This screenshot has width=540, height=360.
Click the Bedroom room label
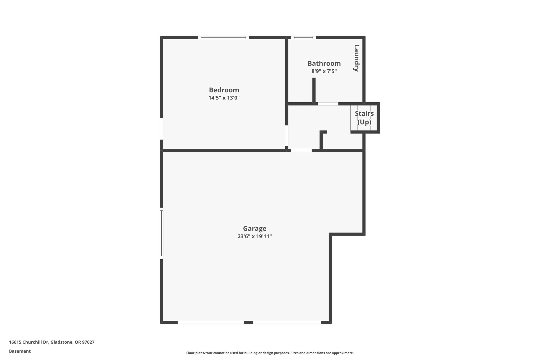224,90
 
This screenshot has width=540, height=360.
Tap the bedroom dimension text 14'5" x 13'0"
224,98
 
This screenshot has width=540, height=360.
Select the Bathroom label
324,64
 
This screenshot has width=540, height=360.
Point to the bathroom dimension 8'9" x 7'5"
324,71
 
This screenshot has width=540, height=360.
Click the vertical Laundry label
356,58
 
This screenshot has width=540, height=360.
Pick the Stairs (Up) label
364,118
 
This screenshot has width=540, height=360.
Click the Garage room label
254,228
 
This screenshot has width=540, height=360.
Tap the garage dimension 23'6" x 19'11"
254,236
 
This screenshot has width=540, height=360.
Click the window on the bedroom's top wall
223,37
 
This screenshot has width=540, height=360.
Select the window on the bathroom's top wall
303,37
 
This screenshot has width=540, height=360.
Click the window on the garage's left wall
162,233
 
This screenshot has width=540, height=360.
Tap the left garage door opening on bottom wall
211,322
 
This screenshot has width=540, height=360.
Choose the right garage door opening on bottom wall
287,322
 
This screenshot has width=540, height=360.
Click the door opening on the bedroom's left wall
162,129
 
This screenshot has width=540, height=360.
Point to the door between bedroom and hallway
287,136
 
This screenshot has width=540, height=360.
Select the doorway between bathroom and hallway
328,104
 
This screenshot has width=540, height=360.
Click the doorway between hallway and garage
301,150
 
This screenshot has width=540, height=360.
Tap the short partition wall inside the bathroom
314,90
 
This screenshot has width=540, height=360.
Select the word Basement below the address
20,351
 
